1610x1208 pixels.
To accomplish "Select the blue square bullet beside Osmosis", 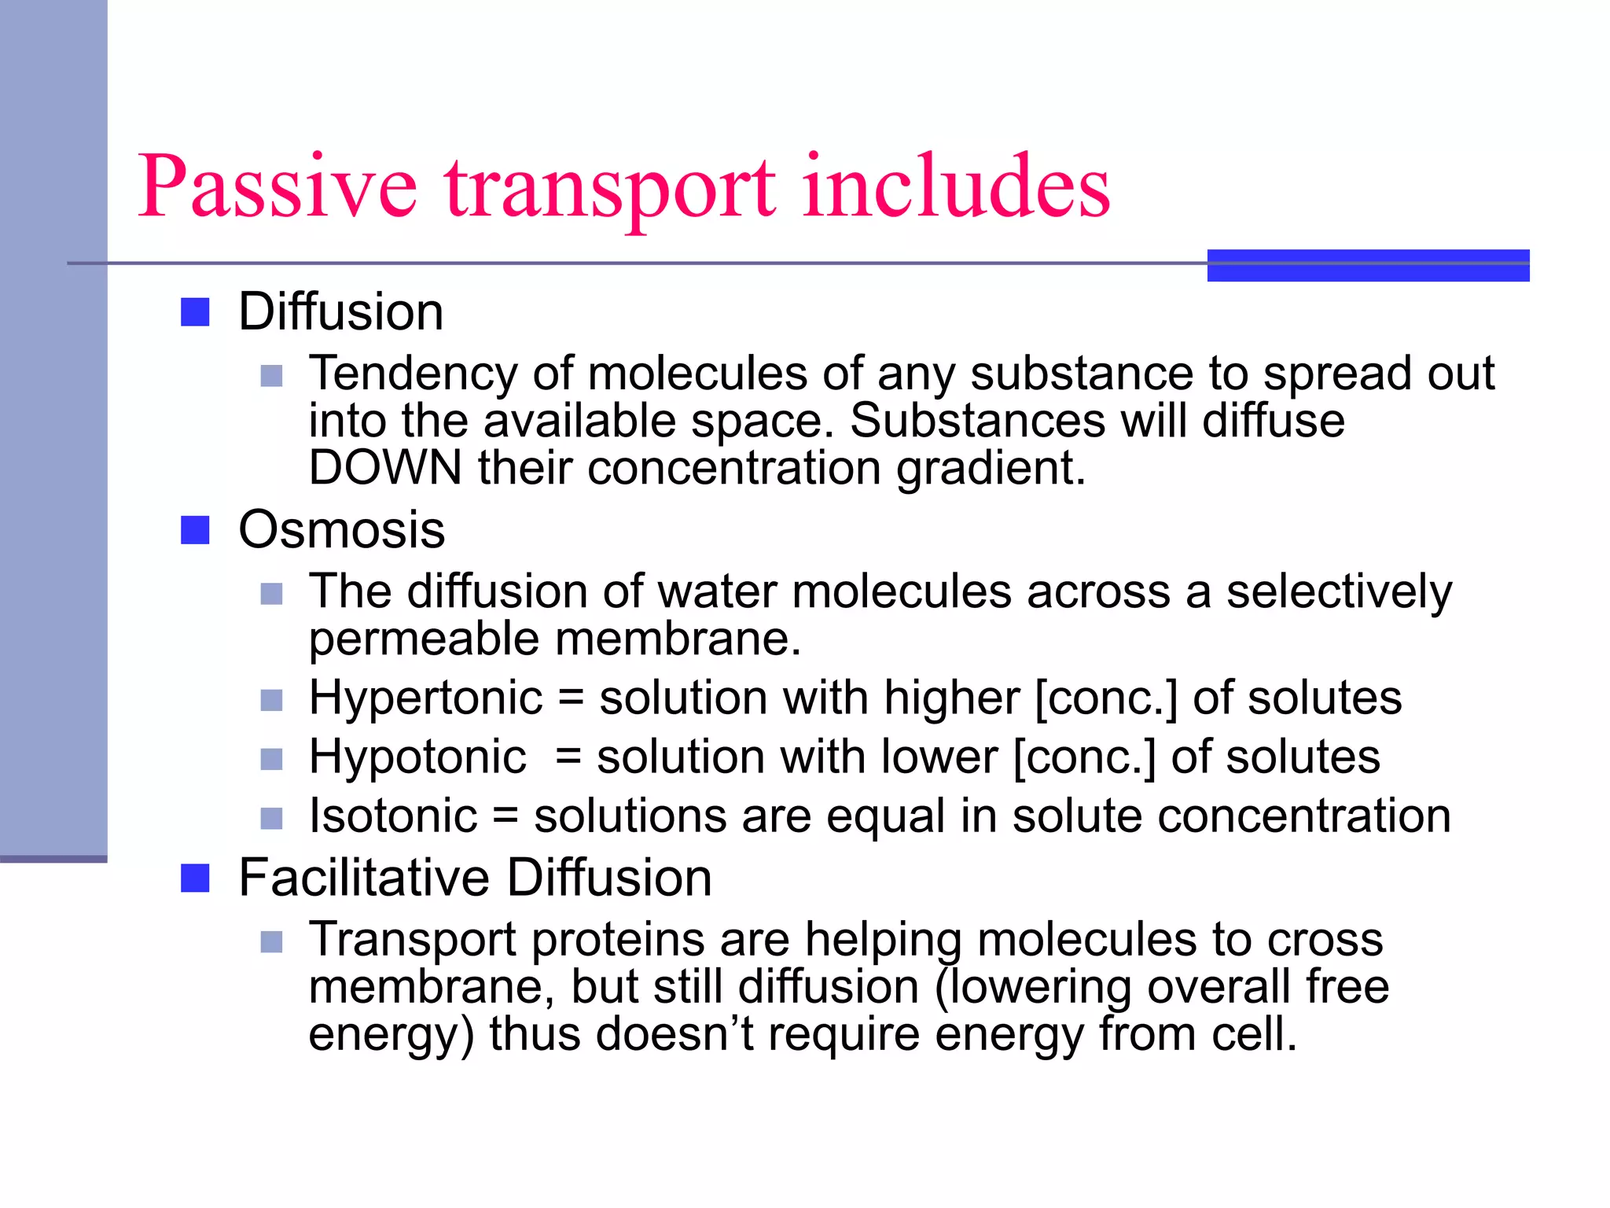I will (x=195, y=530).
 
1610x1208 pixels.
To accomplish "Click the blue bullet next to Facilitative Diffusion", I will (x=195, y=878).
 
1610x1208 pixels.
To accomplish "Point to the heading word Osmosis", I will (x=341, y=530).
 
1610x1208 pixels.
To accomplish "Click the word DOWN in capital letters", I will (x=385, y=468).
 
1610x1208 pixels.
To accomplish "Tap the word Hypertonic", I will (x=425, y=698).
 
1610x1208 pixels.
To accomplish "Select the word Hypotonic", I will (x=417, y=757).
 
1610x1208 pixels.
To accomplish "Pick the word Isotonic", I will (x=393, y=816).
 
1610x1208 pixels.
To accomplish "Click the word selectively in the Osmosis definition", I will (x=1339, y=591).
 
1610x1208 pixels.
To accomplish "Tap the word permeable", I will (x=424, y=639).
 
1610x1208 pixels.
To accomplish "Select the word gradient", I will (x=991, y=468).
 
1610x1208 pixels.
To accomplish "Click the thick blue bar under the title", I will (x=1368, y=265).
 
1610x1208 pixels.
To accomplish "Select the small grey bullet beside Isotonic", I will (x=271, y=819).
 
